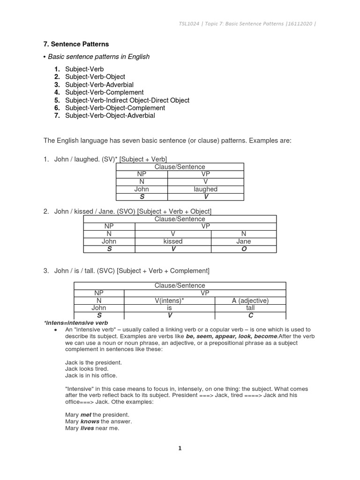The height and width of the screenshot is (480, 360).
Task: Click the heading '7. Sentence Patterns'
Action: click(x=76, y=44)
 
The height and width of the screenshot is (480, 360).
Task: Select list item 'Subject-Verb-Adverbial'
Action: click(x=99, y=84)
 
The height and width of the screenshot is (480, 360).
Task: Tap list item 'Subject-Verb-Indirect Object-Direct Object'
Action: click(x=127, y=100)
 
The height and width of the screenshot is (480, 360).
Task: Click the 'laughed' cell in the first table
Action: click(x=205, y=189)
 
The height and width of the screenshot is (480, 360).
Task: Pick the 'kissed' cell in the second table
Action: click(x=173, y=241)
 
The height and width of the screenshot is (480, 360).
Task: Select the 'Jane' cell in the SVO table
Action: click(x=244, y=241)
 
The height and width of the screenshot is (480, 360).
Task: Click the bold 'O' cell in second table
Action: click(x=244, y=249)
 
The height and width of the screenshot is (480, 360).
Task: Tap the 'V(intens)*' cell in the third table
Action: click(x=169, y=300)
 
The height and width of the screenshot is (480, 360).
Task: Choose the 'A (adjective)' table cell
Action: click(x=250, y=300)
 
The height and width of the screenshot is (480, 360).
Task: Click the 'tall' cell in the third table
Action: click(x=250, y=308)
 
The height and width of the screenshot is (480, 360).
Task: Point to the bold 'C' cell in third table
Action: click(x=250, y=315)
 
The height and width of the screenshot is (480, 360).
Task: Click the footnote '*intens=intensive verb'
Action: click(x=75, y=323)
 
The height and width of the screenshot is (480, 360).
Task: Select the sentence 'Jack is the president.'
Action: click(x=94, y=362)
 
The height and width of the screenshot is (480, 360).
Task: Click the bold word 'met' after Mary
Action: click(x=86, y=415)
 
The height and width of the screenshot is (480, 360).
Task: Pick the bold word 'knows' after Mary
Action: click(x=89, y=421)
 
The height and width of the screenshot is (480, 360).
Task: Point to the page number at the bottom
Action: click(x=180, y=449)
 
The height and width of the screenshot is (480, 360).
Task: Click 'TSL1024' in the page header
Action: click(x=187, y=24)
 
